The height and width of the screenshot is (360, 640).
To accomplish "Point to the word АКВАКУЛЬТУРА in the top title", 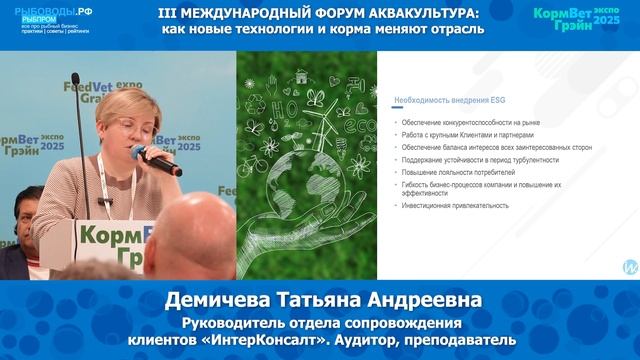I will coord(426,12).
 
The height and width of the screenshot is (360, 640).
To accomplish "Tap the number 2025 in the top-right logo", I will coord(606,20).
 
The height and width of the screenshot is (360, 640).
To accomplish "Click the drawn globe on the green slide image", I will coord(310,190).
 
